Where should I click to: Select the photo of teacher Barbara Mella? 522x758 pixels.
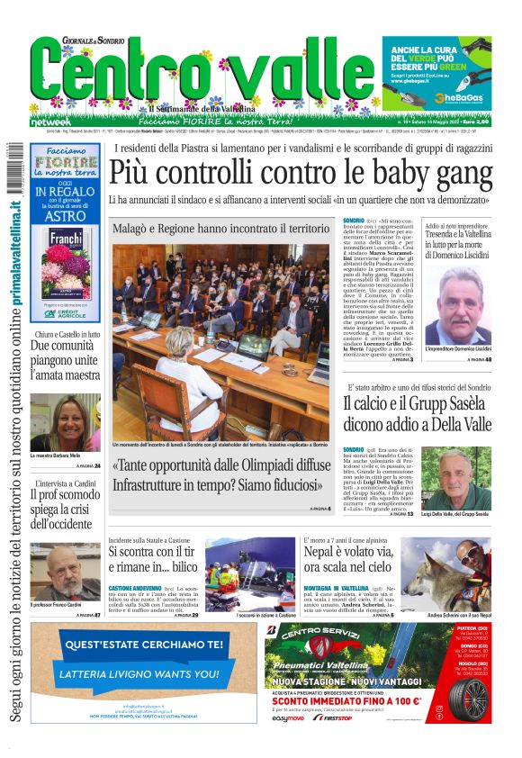(65, 422)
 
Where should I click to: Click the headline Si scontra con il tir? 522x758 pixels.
(162, 558)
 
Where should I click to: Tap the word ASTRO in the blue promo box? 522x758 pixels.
(64, 217)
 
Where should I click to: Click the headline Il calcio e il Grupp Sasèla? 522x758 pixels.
(415, 415)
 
